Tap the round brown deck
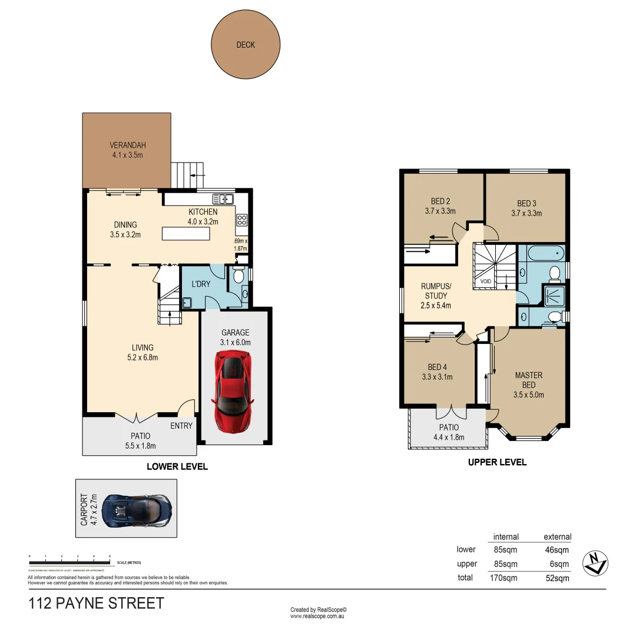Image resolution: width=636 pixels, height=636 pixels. (246, 45)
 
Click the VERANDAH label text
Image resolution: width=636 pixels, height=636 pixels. (127, 145)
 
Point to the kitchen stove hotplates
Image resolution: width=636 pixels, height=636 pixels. (241, 220)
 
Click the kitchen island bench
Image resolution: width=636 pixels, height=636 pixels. (186, 234)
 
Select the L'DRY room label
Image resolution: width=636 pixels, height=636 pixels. (201, 284)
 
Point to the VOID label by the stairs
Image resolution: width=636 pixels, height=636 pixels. (485, 281)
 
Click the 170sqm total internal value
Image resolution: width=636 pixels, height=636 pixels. (505, 578)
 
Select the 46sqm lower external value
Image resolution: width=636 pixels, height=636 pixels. (557, 549)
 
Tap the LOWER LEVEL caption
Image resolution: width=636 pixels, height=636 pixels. (177, 466)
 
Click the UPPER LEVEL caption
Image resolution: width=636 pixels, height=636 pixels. (497, 462)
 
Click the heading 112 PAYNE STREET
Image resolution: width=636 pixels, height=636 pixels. (96, 604)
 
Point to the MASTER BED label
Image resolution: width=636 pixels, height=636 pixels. (528, 380)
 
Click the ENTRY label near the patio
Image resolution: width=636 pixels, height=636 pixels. (181, 425)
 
